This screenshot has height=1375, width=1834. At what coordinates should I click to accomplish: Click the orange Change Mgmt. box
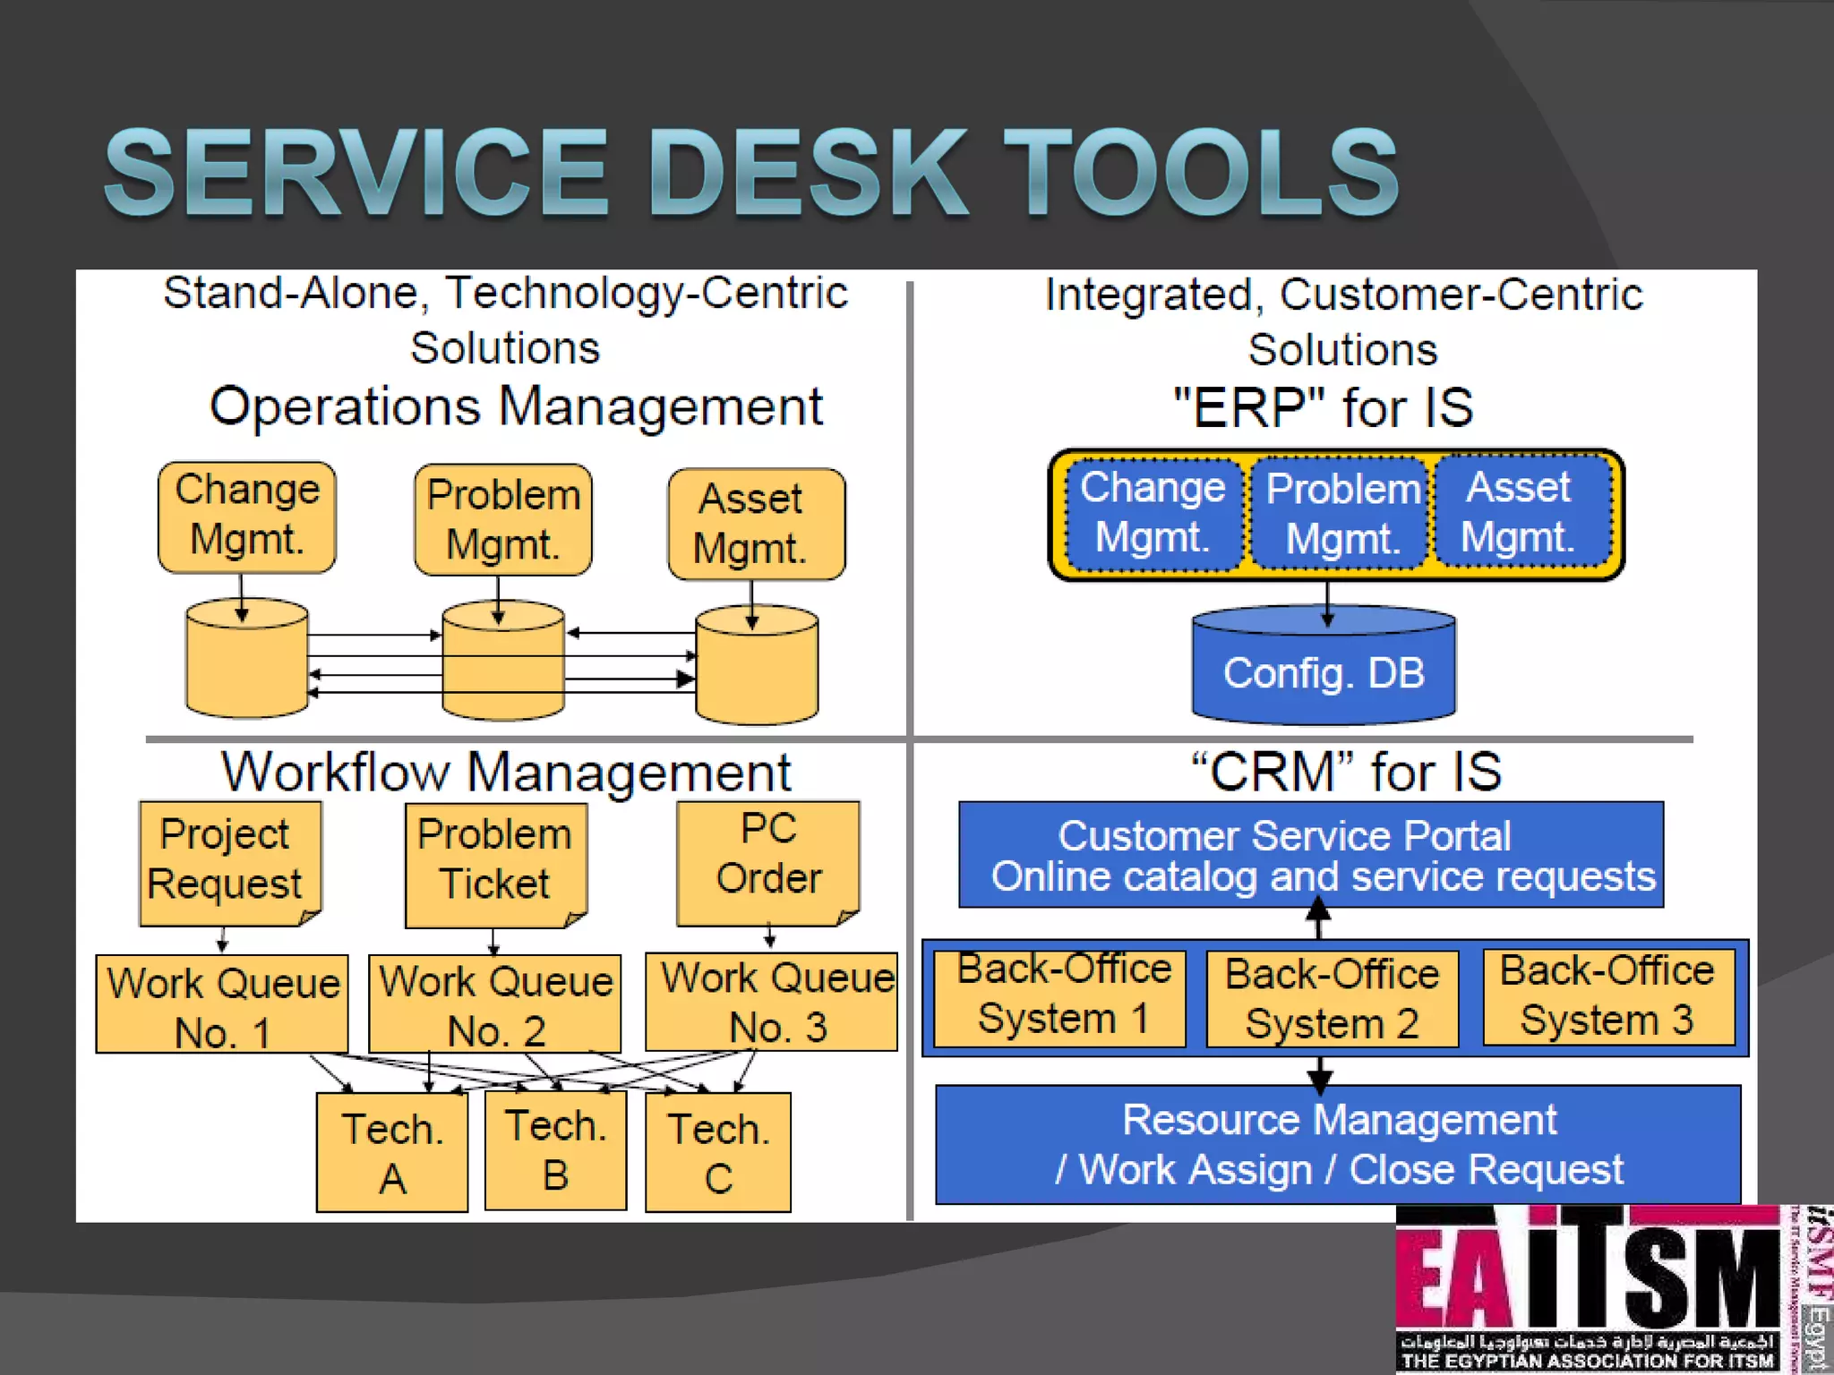(247, 517)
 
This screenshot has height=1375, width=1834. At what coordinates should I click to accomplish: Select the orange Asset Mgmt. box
(756, 524)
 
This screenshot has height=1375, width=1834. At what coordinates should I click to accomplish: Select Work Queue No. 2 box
(494, 1004)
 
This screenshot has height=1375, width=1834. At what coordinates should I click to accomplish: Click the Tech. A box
(392, 1153)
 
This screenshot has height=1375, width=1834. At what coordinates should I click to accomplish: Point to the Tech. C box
(718, 1153)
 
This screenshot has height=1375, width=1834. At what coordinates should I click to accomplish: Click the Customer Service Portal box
(1310, 855)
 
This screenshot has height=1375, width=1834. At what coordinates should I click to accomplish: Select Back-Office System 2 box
(1332, 999)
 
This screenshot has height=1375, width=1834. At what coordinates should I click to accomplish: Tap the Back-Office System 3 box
(1607, 996)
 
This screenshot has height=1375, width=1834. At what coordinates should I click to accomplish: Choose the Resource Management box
(1338, 1144)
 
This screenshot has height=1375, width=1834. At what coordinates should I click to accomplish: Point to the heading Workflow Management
(506, 772)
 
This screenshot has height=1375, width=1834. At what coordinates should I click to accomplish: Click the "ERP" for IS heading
(1323, 408)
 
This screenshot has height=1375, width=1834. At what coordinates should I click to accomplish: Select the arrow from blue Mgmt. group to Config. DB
(1327, 603)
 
